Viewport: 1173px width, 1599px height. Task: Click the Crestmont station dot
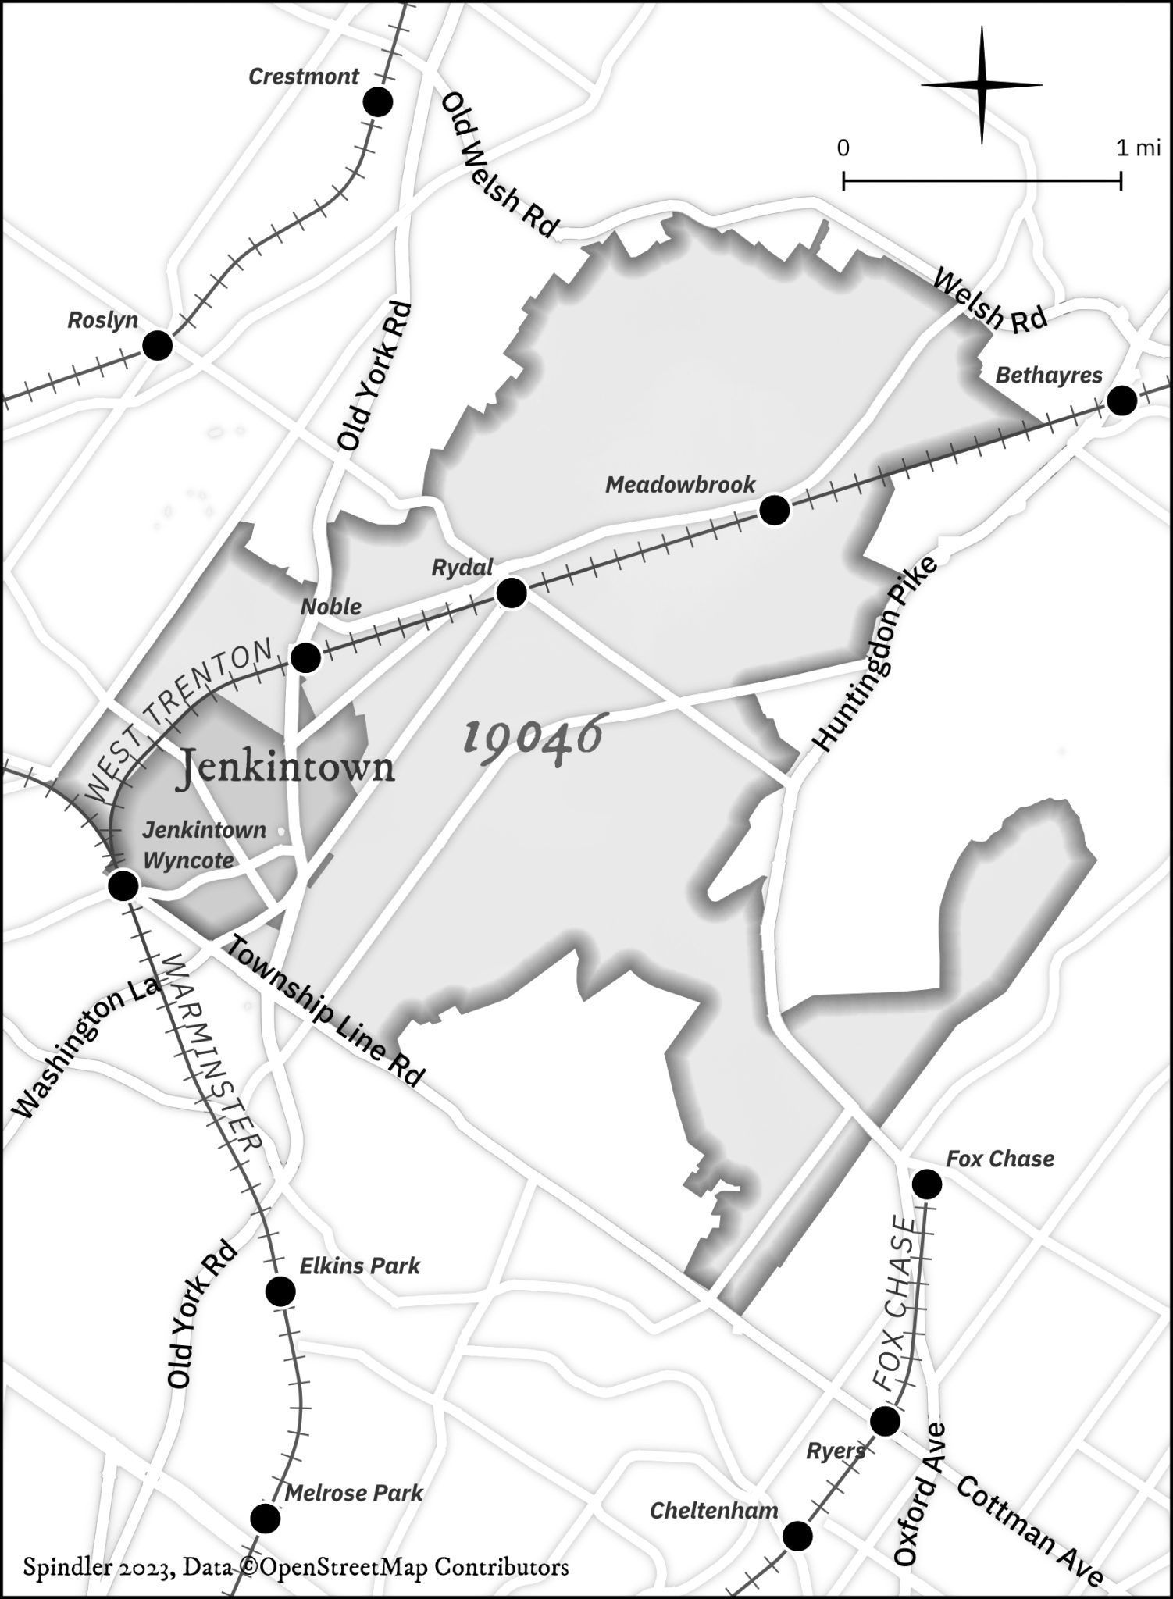click(378, 102)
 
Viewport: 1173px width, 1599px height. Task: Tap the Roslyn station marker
click(158, 345)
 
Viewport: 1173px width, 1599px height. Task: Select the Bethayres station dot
click(1122, 401)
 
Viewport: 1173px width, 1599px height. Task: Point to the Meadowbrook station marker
click(775, 511)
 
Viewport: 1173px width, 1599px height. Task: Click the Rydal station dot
click(512, 593)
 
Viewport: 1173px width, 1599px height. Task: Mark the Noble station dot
click(305, 658)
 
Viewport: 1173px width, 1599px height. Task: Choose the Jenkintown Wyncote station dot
click(123, 886)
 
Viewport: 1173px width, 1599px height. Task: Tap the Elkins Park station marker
click(280, 1292)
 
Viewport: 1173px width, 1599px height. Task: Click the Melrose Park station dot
click(265, 1519)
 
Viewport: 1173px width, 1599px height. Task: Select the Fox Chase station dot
click(927, 1184)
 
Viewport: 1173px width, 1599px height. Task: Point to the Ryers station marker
click(885, 1421)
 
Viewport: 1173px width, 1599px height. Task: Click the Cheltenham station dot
click(797, 1536)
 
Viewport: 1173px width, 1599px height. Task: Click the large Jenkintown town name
click(287, 767)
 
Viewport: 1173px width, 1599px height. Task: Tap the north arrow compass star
click(982, 84)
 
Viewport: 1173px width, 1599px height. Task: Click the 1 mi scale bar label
click(1137, 148)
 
